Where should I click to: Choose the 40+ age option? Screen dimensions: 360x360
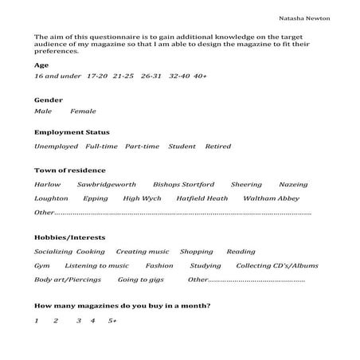click(200, 76)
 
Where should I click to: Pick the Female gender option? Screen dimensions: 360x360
click(83, 111)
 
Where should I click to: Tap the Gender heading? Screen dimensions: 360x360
click(48, 100)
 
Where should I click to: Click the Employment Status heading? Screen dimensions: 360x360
click(72, 132)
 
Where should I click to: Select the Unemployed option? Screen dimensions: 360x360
click(56, 147)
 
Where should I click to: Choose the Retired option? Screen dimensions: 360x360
click(217, 147)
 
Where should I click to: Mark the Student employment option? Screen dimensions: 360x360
click(182, 147)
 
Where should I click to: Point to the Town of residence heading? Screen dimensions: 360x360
click(70, 170)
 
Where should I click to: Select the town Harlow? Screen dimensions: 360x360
click(47, 184)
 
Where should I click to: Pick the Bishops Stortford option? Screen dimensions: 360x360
click(183, 184)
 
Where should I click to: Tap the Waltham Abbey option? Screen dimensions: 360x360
click(271, 198)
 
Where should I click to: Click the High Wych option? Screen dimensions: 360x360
click(143, 198)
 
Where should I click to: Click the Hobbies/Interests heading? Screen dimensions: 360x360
click(69, 237)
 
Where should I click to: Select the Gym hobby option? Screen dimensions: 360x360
click(41, 265)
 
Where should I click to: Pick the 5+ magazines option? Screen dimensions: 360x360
click(112, 320)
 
